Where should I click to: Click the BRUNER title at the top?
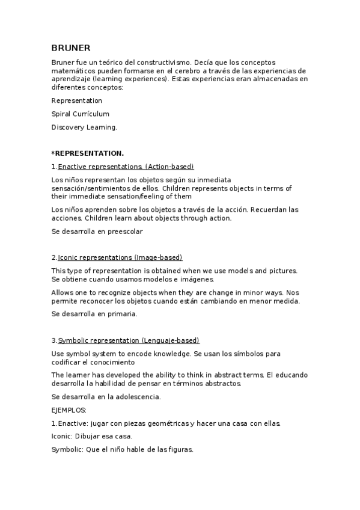70,48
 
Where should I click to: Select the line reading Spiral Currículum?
80,114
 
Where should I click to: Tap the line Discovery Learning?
84,127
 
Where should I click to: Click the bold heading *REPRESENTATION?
87,153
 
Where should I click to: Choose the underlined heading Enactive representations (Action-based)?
126,167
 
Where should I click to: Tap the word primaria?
122,313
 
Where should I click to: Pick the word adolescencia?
139,396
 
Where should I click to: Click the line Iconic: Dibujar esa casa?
92,436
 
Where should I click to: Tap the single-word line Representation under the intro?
77,100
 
